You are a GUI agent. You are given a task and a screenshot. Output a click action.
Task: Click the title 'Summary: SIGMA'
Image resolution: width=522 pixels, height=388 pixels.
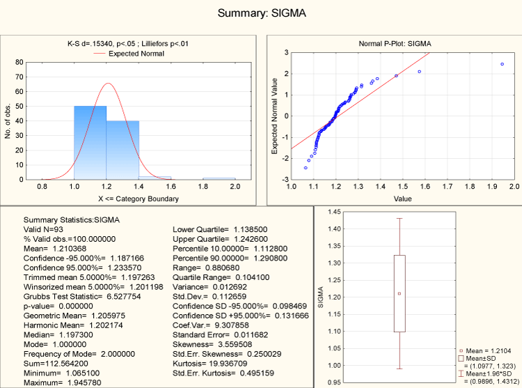tap(261, 13)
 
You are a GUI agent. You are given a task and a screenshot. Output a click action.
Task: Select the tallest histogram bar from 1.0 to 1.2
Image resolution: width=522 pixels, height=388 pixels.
tap(90, 143)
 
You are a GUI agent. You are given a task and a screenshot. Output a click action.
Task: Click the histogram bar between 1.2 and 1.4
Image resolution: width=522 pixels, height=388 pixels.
tap(122, 150)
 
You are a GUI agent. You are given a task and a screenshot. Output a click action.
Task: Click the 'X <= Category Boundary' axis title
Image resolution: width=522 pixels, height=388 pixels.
tap(138, 199)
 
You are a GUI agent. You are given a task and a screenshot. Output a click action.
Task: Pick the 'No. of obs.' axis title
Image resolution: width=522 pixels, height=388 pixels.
tap(8, 120)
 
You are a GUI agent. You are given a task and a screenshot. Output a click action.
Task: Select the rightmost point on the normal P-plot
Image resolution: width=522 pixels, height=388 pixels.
tap(502, 64)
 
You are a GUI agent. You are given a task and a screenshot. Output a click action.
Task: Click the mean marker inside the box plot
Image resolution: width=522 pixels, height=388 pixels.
tap(400, 293)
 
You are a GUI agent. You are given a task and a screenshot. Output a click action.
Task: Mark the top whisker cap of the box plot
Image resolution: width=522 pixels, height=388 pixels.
tap(400, 219)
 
